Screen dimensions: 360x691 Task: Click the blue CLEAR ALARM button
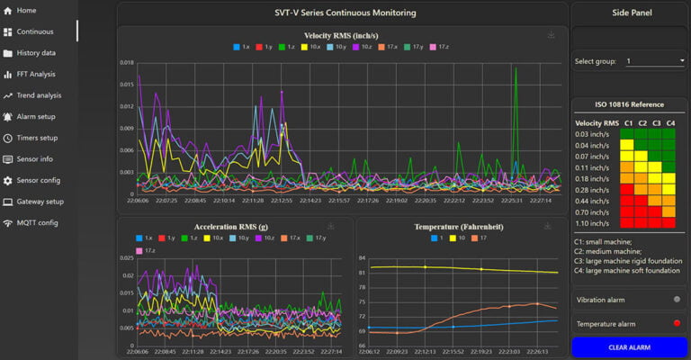[x=629, y=346]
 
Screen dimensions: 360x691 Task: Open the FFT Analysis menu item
[x=36, y=74]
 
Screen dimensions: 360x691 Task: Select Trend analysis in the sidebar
[x=39, y=95]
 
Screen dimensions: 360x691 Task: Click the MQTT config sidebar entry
[x=37, y=222]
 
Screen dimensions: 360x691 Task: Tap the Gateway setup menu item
[x=40, y=202]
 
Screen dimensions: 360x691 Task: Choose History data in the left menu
[x=36, y=53]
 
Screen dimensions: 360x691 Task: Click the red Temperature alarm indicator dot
[x=676, y=323]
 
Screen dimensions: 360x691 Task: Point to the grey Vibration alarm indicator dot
[x=676, y=299]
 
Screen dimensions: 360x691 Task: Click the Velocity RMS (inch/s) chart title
[x=341, y=35]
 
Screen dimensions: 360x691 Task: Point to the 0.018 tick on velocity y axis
[x=126, y=63]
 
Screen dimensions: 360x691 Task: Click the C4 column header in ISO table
[x=670, y=122]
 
